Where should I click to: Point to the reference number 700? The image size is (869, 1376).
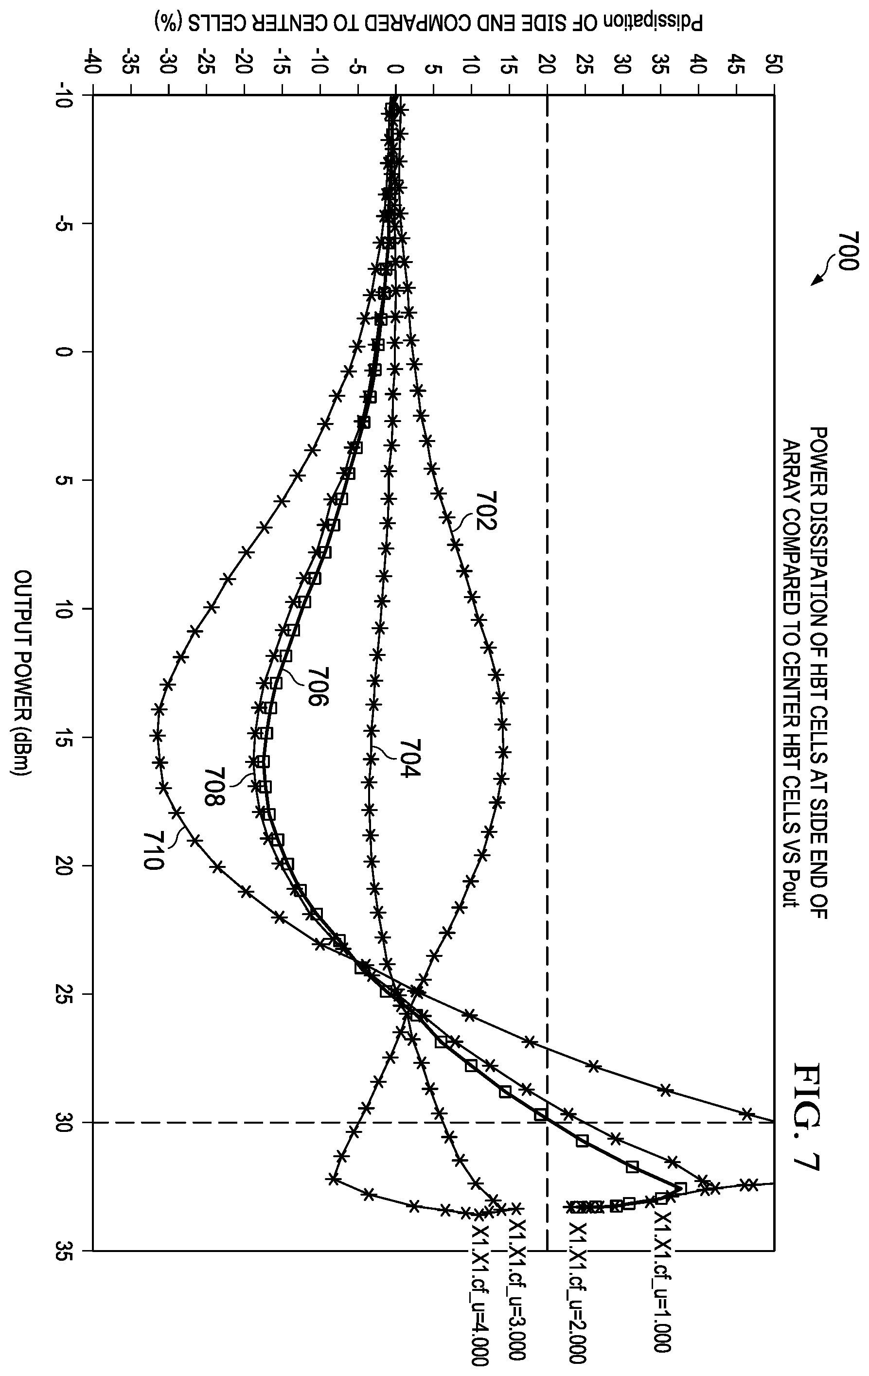tap(848, 251)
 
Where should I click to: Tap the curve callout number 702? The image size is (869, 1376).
tap(486, 511)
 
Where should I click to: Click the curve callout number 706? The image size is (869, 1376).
tap(318, 688)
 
